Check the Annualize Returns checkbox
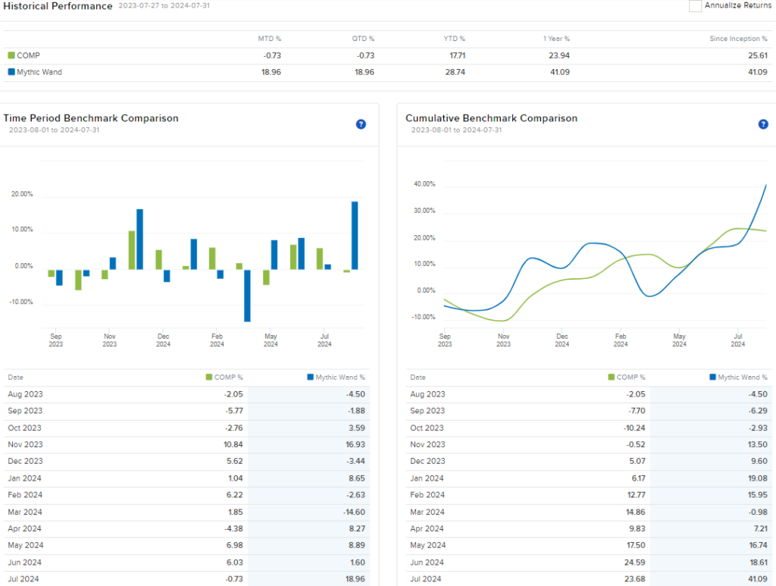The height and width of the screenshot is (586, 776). click(695, 6)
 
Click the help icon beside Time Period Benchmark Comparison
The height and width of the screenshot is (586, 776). click(361, 124)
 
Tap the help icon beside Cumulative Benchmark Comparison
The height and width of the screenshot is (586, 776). click(763, 124)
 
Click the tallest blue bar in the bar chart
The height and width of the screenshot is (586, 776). click(355, 235)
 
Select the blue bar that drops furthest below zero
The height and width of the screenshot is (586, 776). click(247, 295)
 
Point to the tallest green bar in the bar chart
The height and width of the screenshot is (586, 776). click(132, 249)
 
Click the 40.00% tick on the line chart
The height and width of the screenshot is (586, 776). click(424, 184)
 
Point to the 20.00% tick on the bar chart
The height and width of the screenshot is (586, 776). click(22, 194)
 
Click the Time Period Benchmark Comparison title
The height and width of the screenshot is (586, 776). click(91, 118)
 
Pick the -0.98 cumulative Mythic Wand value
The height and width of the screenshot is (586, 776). click(756, 512)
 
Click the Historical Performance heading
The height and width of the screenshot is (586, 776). click(58, 6)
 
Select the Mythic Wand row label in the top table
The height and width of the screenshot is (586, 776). click(39, 72)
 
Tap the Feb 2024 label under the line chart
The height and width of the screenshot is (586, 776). click(620, 340)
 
